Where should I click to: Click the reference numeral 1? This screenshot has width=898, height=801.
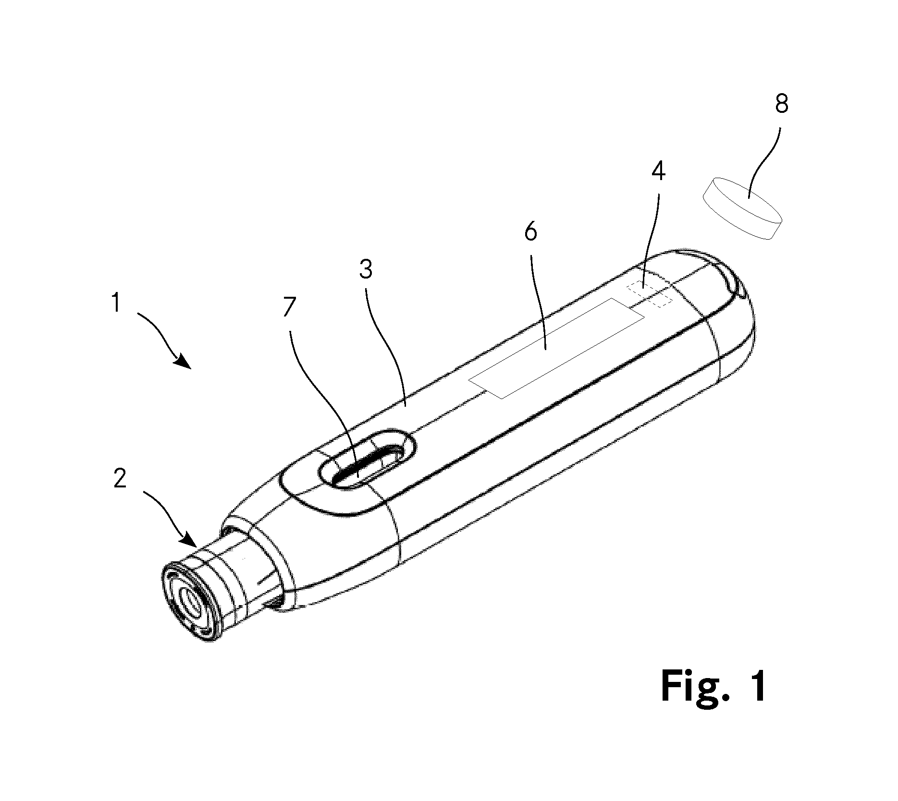[x=115, y=303]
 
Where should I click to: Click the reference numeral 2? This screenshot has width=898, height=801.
[x=120, y=478]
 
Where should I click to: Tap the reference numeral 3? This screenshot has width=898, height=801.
[x=366, y=269]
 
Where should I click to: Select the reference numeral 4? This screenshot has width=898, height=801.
[x=658, y=171]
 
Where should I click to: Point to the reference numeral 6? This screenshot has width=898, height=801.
[x=530, y=232]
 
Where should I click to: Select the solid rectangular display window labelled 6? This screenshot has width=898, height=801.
[x=556, y=348]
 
